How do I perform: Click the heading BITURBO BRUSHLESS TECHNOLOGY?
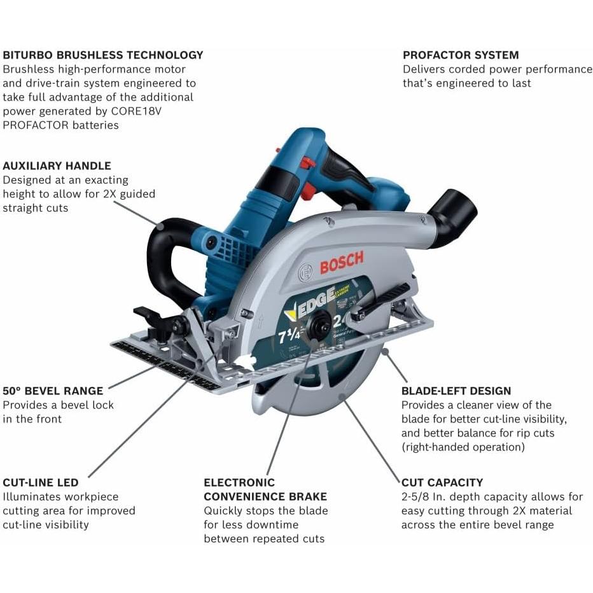click(103, 55)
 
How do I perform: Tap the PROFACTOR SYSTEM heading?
click(461, 55)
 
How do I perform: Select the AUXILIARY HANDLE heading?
click(57, 165)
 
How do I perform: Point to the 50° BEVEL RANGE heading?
click(53, 391)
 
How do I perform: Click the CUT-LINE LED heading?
click(41, 482)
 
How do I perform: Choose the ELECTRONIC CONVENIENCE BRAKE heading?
click(265, 489)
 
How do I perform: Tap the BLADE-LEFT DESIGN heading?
click(456, 391)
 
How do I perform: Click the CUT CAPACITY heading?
click(442, 482)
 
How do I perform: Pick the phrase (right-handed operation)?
click(463, 447)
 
